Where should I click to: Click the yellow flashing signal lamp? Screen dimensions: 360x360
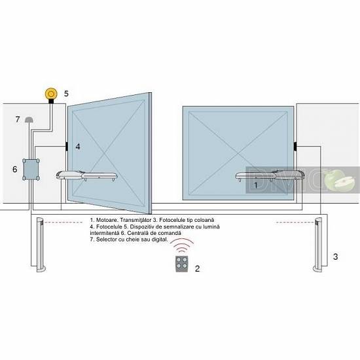point(51,94)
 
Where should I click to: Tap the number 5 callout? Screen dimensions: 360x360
point(66,94)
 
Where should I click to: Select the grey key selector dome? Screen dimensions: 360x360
point(29,119)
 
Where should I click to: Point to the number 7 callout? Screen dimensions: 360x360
point(18,119)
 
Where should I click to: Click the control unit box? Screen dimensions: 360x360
point(31,170)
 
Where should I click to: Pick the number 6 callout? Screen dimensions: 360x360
point(14,170)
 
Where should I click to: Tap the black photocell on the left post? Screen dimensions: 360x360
point(66,146)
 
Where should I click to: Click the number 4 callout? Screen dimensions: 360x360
point(78,147)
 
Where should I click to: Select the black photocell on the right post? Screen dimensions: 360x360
point(295,146)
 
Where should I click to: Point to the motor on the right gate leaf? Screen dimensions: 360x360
point(270,175)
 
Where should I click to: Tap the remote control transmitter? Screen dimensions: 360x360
point(182,264)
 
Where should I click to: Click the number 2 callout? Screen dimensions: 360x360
point(197,268)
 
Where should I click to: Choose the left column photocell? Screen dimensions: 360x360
point(41,245)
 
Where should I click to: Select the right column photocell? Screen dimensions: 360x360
point(318,245)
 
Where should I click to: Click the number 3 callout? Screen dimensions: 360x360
point(335,257)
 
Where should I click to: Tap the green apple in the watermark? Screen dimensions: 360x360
point(338,180)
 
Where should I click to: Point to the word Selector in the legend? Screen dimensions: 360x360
point(106,240)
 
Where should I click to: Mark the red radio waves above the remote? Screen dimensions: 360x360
point(183,245)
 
